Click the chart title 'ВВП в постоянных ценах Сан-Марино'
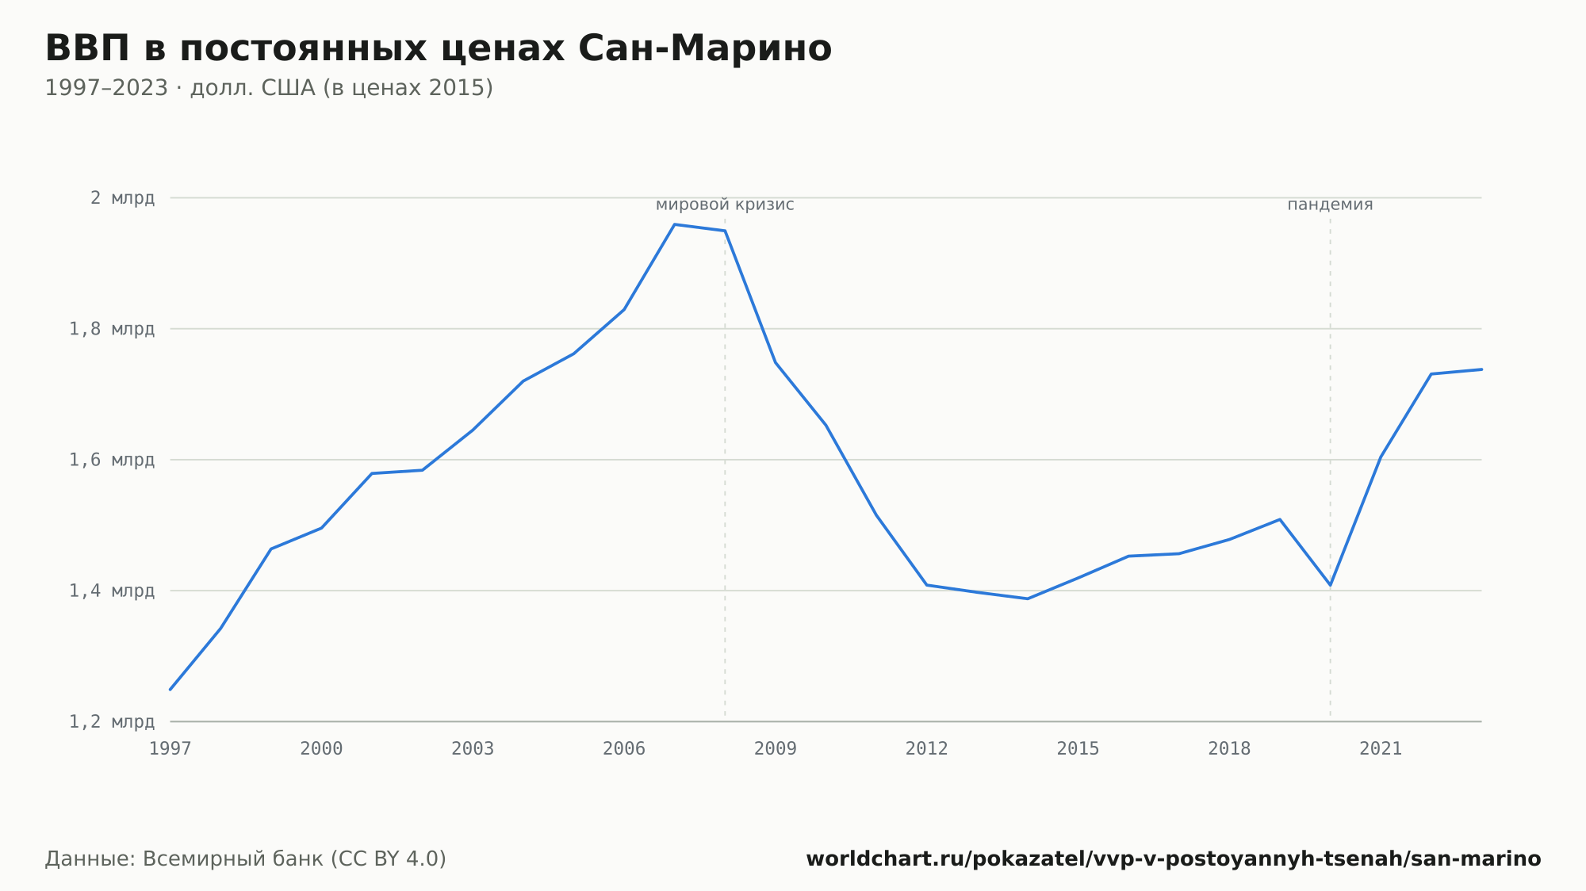click(439, 48)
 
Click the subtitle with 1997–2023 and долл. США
click(269, 88)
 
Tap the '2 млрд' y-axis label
click(123, 198)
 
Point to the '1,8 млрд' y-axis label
click(113, 329)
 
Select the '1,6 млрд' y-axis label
click(113, 460)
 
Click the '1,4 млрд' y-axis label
click(113, 591)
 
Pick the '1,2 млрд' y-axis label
click(113, 721)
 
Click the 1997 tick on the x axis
click(170, 749)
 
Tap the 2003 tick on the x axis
click(473, 749)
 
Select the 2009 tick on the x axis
click(776, 749)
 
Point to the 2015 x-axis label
click(1078, 749)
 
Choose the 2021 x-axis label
click(1381, 749)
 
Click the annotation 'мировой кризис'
click(725, 205)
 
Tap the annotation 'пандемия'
click(1330, 205)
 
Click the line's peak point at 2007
click(675, 224)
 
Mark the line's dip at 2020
click(1331, 585)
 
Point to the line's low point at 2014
click(1028, 598)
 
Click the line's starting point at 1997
click(170, 690)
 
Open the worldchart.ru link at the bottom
click(1174, 859)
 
